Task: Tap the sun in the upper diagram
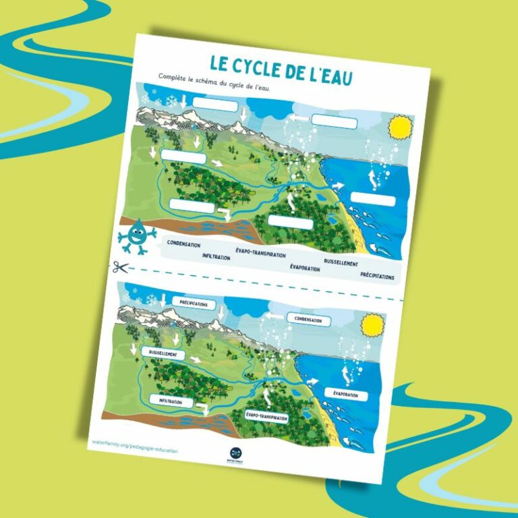pos(399,127)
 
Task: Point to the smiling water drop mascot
pos(136,235)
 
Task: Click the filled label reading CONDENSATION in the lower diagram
pos(309,320)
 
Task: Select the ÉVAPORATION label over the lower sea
pos(346,394)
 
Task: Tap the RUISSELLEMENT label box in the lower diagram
pos(163,353)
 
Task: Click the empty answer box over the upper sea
pos(373,200)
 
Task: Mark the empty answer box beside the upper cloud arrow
pos(333,121)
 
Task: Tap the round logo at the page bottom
pos(235,453)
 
